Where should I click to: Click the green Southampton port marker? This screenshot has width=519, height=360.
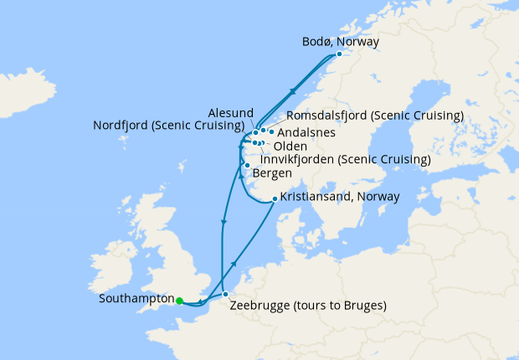pyautogui.click(x=179, y=300)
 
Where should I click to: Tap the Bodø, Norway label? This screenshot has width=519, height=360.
pyautogui.click(x=340, y=41)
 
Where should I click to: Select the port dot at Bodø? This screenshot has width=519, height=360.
pyautogui.click(x=339, y=54)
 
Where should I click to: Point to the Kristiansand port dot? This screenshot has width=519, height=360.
pyautogui.click(x=275, y=199)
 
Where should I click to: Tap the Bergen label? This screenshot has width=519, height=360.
pyautogui.click(x=271, y=173)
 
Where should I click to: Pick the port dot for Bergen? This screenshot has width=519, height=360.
pyautogui.click(x=247, y=165)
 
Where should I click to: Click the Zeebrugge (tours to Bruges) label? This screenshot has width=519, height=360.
pyautogui.click(x=308, y=306)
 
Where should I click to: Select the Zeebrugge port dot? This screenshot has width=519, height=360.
pyautogui.click(x=225, y=294)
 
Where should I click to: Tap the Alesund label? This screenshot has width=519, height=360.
pyautogui.click(x=228, y=112)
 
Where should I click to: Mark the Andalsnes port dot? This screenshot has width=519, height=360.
pyautogui.click(x=271, y=131)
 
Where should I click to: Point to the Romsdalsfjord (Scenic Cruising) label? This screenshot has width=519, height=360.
pyautogui.click(x=375, y=115)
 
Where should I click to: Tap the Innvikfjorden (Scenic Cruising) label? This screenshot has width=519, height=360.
pyautogui.click(x=346, y=159)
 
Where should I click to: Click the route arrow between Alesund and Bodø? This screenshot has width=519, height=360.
pyautogui.click(x=292, y=91)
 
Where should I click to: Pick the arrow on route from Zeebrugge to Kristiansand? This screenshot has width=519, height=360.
pyautogui.click(x=234, y=263)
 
